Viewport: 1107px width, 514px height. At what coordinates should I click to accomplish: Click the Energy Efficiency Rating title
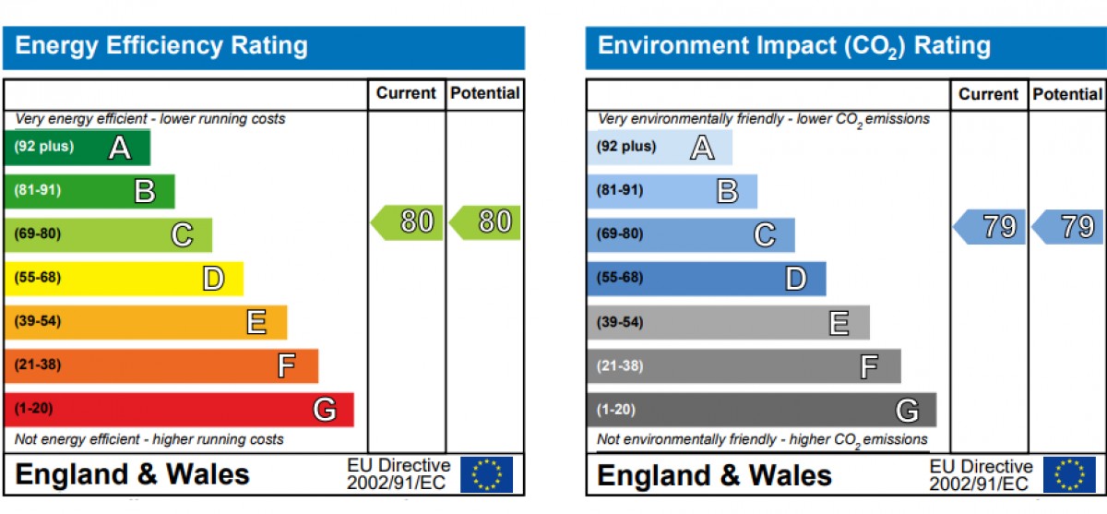[161, 46]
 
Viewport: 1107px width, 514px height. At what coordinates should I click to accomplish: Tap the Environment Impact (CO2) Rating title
[794, 46]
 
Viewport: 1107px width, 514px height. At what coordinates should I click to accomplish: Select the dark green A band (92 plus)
[77, 148]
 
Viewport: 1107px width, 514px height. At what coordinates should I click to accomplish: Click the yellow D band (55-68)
[124, 279]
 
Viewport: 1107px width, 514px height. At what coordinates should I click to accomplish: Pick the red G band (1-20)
[179, 410]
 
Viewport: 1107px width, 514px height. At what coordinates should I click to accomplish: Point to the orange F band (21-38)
[161, 366]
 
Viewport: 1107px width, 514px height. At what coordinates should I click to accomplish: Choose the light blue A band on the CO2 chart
[660, 148]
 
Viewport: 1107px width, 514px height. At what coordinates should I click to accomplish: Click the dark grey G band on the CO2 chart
[762, 410]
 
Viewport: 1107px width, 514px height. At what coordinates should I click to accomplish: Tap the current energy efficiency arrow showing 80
[407, 222]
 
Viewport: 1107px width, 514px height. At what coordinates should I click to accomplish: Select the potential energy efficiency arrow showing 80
[485, 222]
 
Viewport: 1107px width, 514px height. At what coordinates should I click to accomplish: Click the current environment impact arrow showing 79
[989, 227]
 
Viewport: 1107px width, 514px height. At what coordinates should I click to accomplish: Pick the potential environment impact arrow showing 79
[1067, 227]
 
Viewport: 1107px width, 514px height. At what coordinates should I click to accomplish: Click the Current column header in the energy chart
[406, 93]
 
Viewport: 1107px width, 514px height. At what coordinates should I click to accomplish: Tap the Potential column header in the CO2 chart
[1067, 94]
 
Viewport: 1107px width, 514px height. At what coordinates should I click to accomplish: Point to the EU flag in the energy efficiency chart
[486, 474]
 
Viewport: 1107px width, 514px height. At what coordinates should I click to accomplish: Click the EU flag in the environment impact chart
[1069, 474]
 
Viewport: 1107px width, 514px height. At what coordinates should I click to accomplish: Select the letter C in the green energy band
[183, 235]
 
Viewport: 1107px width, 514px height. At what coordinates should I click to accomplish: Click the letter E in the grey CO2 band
[839, 323]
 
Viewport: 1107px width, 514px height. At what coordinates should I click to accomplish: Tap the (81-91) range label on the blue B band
[620, 190]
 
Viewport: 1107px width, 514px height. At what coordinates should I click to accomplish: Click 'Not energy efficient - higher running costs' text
[149, 439]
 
